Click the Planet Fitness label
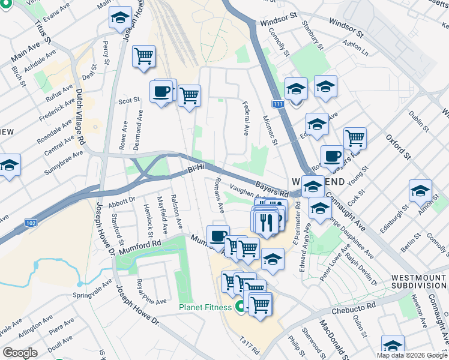click(x=205, y=308)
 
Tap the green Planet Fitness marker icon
click(x=240, y=308)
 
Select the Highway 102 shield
click(x=32, y=223)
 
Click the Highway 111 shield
click(x=277, y=104)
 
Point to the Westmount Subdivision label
click(x=418, y=282)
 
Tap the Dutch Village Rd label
click(x=80, y=118)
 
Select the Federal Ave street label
click(x=246, y=118)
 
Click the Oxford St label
click(x=398, y=147)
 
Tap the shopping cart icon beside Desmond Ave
click(x=143, y=56)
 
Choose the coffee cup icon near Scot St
click(x=161, y=92)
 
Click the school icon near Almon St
click(x=420, y=191)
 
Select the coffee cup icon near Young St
click(x=331, y=157)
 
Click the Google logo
click(x=20, y=353)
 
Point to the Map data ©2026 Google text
click(x=411, y=355)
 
